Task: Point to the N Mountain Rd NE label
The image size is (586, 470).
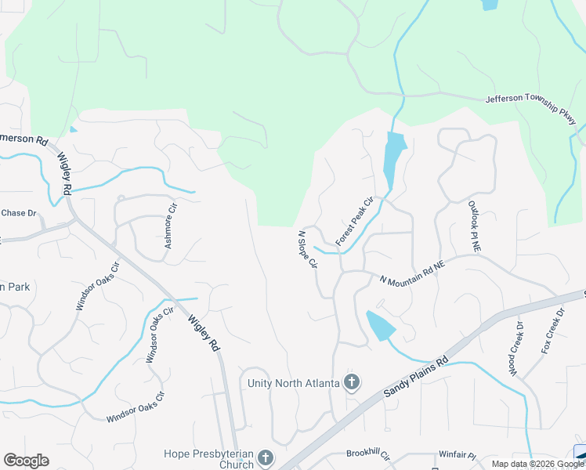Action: (412, 272)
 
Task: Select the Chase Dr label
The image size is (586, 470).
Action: (19, 213)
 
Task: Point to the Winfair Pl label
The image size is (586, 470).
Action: (458, 454)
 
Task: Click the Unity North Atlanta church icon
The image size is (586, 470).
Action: (353, 382)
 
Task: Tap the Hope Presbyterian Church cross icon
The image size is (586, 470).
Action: (266, 456)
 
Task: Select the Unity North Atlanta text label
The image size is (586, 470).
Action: (293, 382)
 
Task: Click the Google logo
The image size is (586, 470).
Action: (26, 461)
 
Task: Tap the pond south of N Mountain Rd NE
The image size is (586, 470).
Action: (380, 325)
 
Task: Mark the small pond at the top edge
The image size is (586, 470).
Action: (490, 4)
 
